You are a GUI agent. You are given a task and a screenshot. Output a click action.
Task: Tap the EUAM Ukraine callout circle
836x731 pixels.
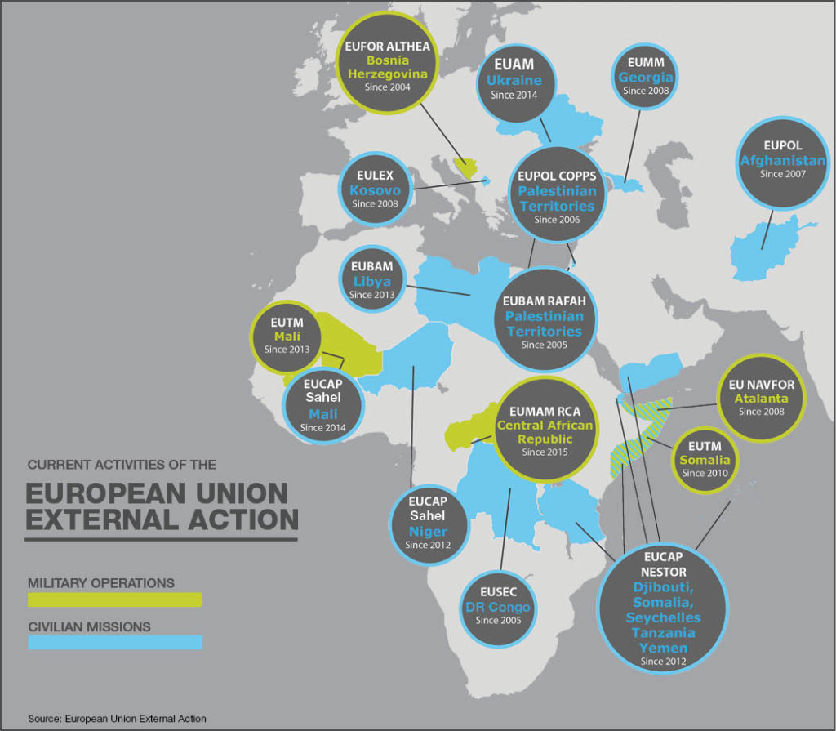point(514,79)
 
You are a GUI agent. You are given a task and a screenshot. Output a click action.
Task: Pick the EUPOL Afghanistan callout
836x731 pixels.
point(782,159)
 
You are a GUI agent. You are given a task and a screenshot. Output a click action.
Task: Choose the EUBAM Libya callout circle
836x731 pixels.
point(371,280)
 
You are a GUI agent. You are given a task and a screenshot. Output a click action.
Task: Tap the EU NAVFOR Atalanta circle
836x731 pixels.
point(761,397)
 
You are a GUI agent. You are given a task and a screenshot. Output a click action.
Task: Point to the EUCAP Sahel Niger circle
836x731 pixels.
point(428,523)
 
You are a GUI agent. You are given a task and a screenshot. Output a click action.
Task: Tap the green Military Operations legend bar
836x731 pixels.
point(114,600)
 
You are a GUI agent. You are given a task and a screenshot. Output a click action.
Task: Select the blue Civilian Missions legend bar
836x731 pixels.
point(114,643)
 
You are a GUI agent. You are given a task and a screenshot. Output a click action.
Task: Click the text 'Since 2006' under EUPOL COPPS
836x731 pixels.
point(557,220)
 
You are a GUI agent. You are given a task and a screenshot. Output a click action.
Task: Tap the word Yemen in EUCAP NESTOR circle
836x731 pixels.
point(663,648)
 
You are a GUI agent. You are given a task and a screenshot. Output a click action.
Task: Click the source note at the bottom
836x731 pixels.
point(117,719)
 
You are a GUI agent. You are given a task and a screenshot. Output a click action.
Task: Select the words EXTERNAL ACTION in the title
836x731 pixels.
point(161,519)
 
